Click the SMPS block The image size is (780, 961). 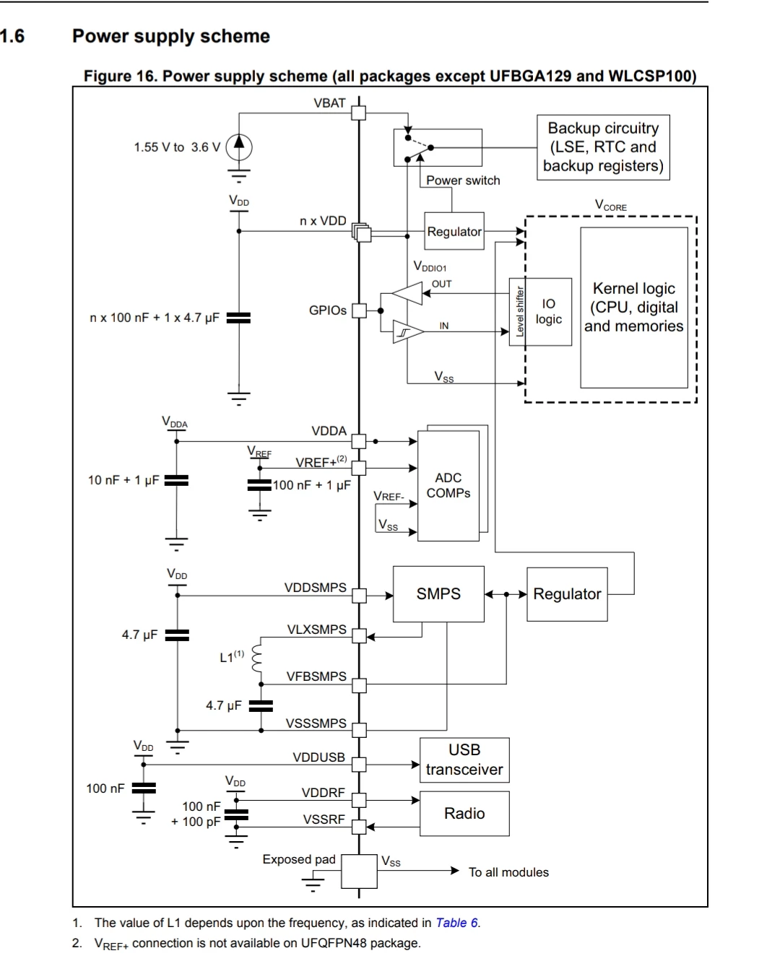[x=438, y=593]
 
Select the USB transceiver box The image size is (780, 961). [x=464, y=760]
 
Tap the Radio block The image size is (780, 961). [x=464, y=813]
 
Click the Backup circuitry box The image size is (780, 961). [x=603, y=147]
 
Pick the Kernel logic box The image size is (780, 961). [x=633, y=308]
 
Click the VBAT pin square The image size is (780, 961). [x=359, y=113]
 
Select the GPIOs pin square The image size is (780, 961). [x=359, y=310]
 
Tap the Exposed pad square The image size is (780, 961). [x=359, y=871]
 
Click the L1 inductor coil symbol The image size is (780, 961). [x=256, y=658]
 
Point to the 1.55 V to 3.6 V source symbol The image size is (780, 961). [x=238, y=147]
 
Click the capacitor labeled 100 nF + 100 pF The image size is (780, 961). [x=236, y=814]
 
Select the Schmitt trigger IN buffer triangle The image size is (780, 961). [x=408, y=331]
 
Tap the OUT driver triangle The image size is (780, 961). [x=407, y=293]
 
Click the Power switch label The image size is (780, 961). [x=463, y=181]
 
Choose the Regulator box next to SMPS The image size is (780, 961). [x=567, y=594]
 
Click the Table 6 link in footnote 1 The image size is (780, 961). [x=456, y=923]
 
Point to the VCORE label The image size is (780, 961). [x=610, y=205]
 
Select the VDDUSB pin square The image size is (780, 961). [x=359, y=765]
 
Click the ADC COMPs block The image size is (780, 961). [x=448, y=485]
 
